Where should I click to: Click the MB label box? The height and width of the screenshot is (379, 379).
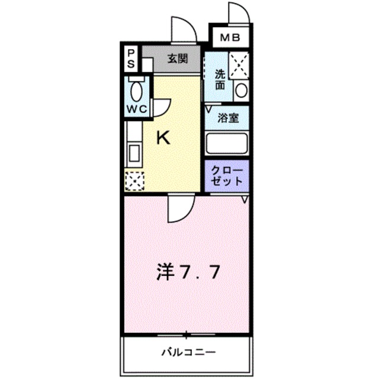(230, 38)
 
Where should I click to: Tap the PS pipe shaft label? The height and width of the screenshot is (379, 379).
(131, 58)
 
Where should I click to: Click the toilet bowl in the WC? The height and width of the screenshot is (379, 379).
(137, 92)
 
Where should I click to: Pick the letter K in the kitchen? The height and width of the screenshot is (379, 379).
(163, 138)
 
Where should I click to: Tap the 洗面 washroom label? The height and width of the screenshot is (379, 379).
(220, 79)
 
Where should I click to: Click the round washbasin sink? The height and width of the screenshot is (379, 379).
(240, 90)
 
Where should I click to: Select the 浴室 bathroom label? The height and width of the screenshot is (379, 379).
(227, 117)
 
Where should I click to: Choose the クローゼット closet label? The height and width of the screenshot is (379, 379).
(227, 176)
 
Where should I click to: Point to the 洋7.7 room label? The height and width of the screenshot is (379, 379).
(188, 272)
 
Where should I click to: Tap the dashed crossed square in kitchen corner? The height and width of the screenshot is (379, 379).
(134, 181)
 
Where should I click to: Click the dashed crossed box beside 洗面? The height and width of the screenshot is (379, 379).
(239, 65)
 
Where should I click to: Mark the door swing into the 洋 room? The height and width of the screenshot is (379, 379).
(179, 209)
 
